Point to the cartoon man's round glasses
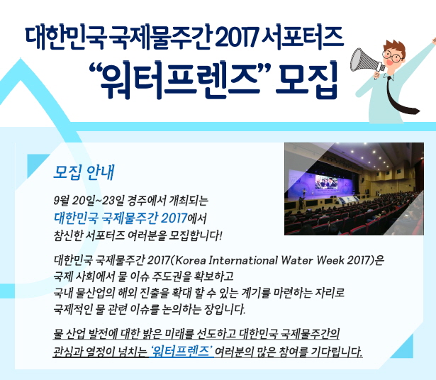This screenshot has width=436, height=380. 393,56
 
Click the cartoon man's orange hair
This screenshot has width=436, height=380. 395,46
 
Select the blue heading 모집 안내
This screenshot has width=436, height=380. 84,173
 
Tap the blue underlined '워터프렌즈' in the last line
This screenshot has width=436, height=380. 182,352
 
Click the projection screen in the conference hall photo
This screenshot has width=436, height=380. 327,182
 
